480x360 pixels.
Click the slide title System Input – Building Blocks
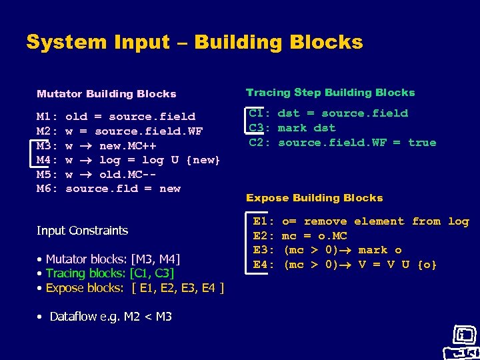pyautogui.click(x=194, y=43)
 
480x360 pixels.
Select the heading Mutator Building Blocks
pyautogui.click(x=107, y=94)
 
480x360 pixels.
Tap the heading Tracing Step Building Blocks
pyautogui.click(x=330, y=93)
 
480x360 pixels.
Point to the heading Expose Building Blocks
pyautogui.click(x=314, y=198)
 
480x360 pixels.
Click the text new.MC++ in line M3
pyautogui.click(x=128, y=145)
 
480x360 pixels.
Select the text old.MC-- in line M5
pyautogui.click(x=128, y=175)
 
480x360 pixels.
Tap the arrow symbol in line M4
pyautogui.click(x=87, y=160)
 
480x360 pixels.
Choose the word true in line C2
pyautogui.click(x=421, y=143)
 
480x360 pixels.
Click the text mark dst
pyautogui.click(x=307, y=128)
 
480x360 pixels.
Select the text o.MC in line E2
pyautogui.click(x=333, y=236)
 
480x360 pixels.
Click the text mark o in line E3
pyautogui.click(x=380, y=251)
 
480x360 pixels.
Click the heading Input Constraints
pyautogui.click(x=82, y=231)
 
